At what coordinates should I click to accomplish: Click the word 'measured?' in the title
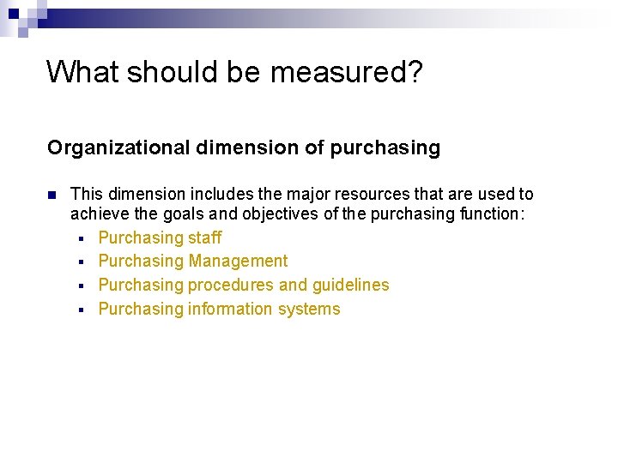click(346, 73)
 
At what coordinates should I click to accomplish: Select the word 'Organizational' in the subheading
click(119, 148)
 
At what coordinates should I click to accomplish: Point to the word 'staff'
click(205, 238)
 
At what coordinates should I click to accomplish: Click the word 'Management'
click(239, 262)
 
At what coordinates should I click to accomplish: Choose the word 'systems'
click(309, 310)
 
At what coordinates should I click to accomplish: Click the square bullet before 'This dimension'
click(52, 195)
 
